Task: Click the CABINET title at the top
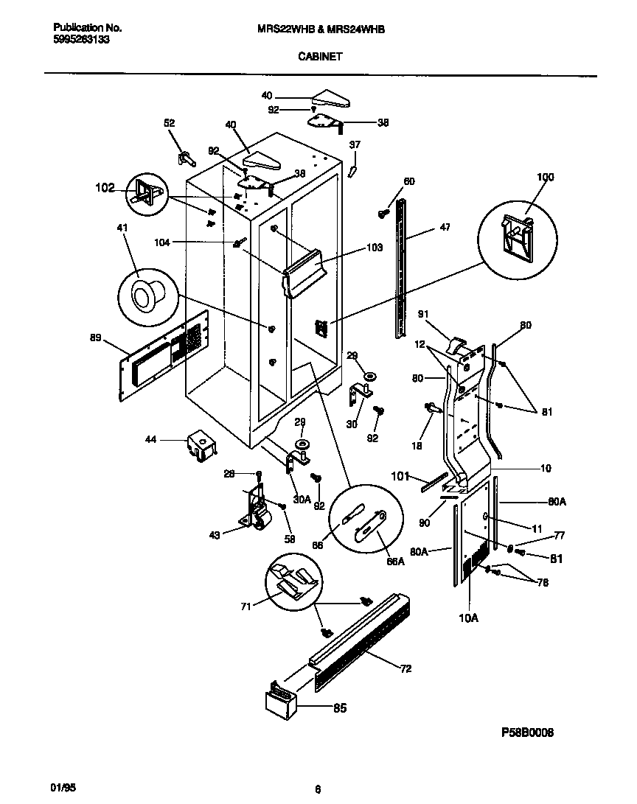click(319, 55)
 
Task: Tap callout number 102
click(105, 188)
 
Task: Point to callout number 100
click(545, 177)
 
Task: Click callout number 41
click(122, 228)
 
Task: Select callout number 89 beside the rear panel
click(94, 338)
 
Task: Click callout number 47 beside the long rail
click(445, 228)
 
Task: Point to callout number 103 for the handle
click(374, 248)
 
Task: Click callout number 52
click(170, 123)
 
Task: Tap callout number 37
click(355, 144)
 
